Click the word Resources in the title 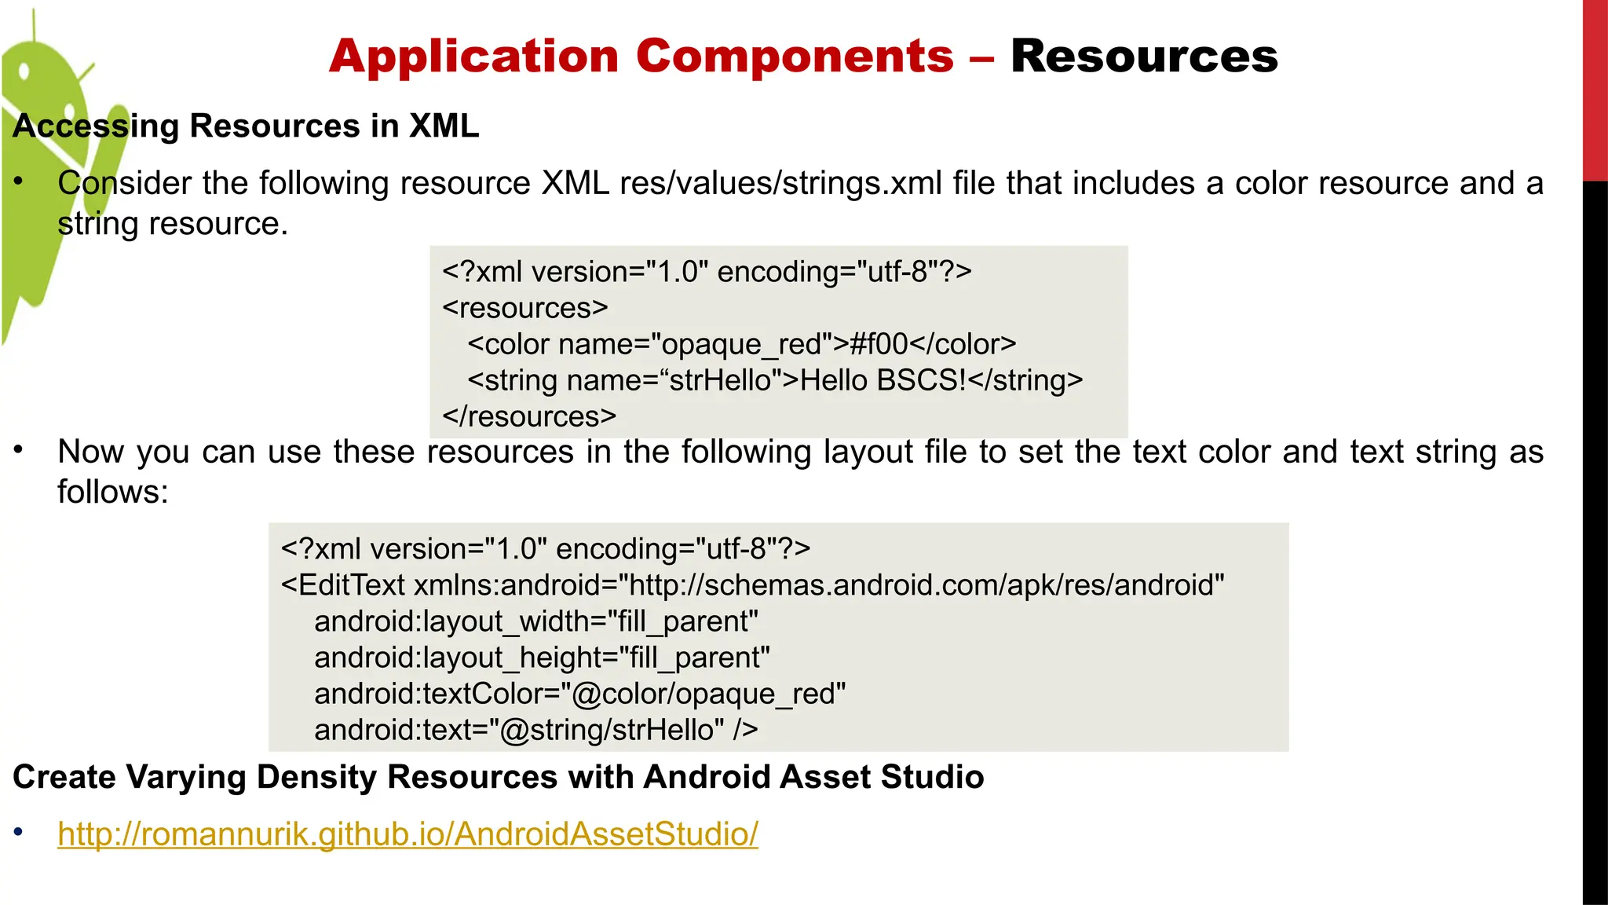tap(1144, 57)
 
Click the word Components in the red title tap(795, 57)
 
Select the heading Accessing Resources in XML tap(246, 126)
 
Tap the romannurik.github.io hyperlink tap(407, 834)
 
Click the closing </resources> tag tap(529, 416)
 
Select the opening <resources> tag tap(525, 308)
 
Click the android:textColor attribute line tap(579, 694)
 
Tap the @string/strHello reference tap(612, 730)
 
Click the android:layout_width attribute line tap(536, 621)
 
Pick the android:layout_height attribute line tap(542, 658)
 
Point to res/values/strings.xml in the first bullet tap(780, 183)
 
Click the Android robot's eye tap(24, 72)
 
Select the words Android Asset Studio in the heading tap(813, 777)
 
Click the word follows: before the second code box tap(113, 493)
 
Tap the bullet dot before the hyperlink tap(19, 832)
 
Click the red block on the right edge tap(1595, 90)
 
